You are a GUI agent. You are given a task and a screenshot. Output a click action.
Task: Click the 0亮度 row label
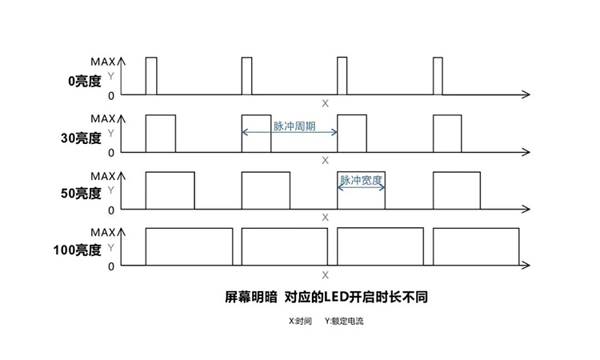pos(85,81)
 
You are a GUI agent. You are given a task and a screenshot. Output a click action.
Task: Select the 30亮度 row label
pos(81,138)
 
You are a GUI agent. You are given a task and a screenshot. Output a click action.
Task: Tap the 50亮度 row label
pos(81,193)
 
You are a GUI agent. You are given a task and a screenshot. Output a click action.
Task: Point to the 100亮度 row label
pos(78,250)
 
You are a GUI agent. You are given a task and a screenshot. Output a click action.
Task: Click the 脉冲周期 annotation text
pos(294,126)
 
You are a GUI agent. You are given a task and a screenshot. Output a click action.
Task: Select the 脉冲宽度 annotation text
pos(361,180)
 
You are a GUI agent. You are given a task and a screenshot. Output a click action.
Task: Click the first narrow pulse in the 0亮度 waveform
pos(151,76)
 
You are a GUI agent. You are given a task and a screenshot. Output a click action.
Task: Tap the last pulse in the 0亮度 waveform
pos(438,76)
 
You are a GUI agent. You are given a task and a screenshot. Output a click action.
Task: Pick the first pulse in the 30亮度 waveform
pos(161,133)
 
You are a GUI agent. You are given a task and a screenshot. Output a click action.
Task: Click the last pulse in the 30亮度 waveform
pos(447,133)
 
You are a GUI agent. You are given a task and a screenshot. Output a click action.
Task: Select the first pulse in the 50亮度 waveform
pos(170,190)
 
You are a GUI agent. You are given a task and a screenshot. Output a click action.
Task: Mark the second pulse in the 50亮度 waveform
pos(266,190)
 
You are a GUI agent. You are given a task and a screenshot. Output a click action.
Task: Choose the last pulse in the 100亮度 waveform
pos(476,246)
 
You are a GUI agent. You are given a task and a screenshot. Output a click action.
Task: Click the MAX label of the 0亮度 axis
pos(103,62)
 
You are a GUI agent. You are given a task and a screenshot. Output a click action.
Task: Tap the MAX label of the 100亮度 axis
pos(103,232)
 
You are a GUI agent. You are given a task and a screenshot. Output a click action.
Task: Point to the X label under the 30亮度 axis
pos(326,160)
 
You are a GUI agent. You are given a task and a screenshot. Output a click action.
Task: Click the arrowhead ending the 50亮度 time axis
pos(526,209)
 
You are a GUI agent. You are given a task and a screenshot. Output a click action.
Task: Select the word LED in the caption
pos(336,297)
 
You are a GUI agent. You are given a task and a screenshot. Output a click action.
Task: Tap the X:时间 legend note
pos(300,321)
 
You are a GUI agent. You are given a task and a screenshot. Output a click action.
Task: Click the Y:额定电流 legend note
pos(344,321)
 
